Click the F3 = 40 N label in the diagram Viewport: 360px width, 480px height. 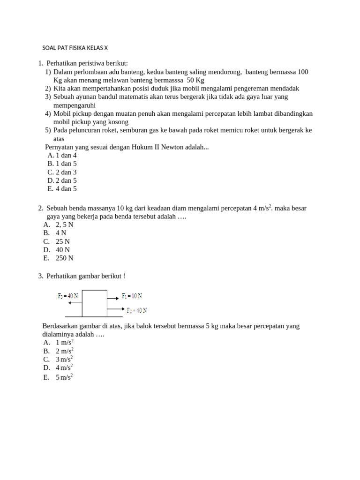pyautogui.click(x=68, y=296)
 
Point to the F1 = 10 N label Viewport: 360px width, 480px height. pyautogui.click(x=132, y=296)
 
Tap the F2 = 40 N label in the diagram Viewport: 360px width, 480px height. pyautogui.click(x=137, y=310)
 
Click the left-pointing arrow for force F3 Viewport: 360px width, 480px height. pyautogui.click(x=75, y=303)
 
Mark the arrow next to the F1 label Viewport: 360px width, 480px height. pyautogui.click(x=113, y=298)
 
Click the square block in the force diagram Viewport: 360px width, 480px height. pyautogui.click(x=94, y=303)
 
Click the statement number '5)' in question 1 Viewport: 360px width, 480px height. pyautogui.click(x=48, y=130)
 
